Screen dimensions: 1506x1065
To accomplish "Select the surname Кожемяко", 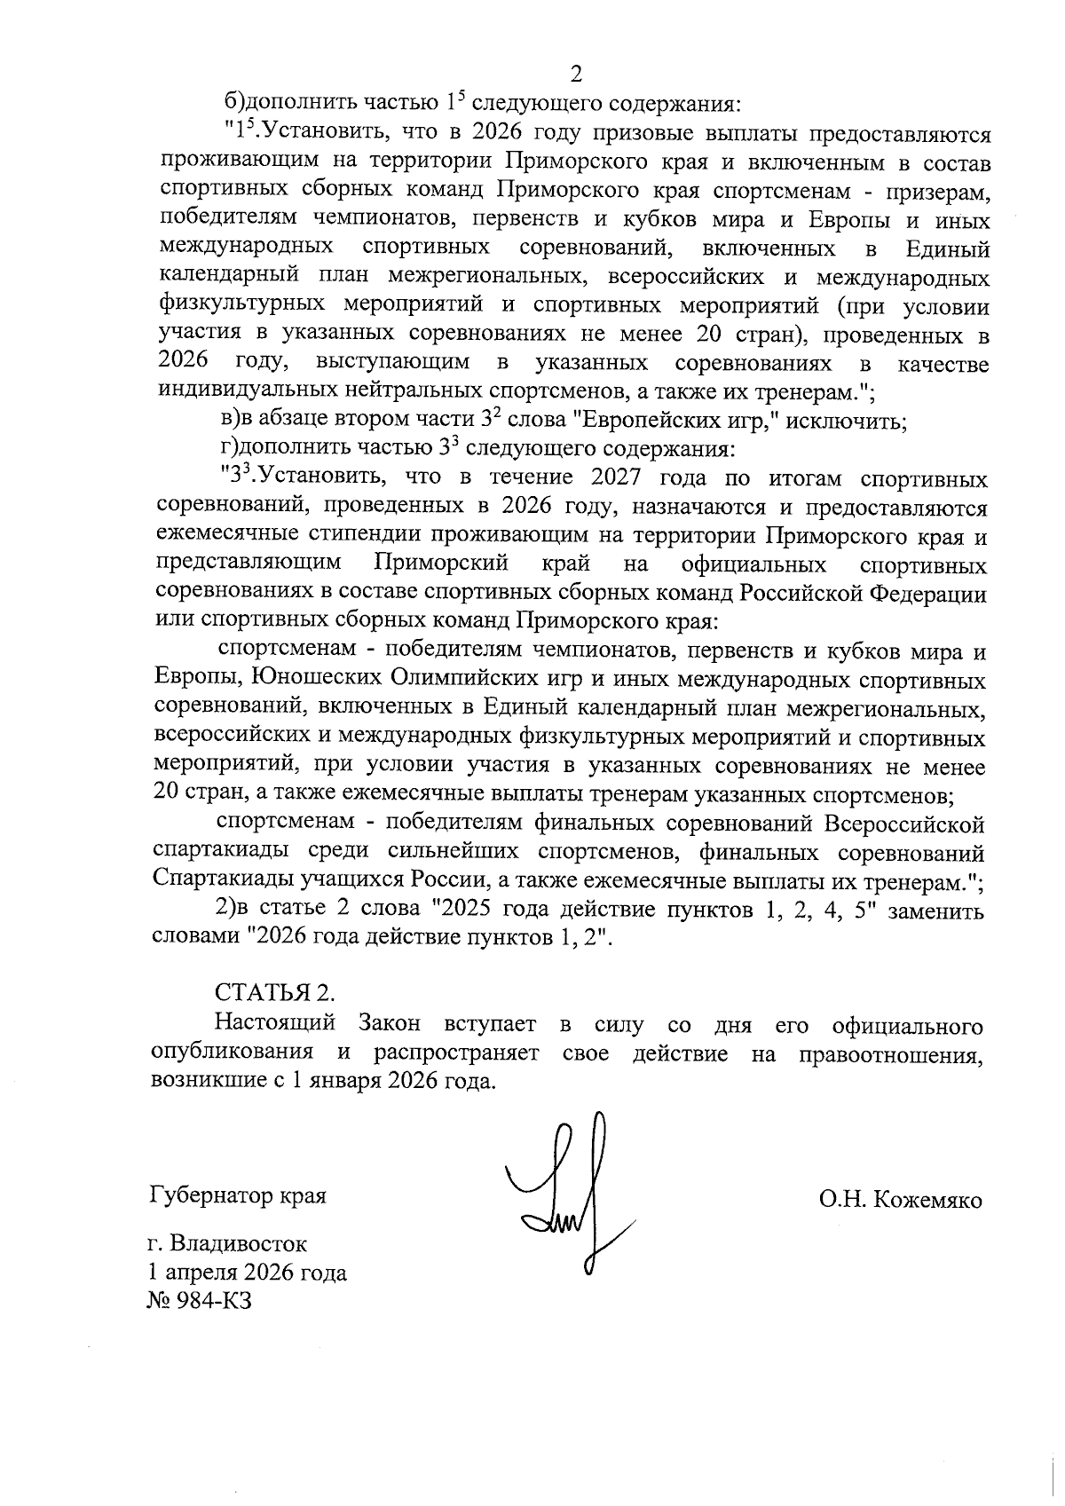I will tap(928, 1201).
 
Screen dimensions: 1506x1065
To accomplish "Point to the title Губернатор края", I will tap(239, 1195).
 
